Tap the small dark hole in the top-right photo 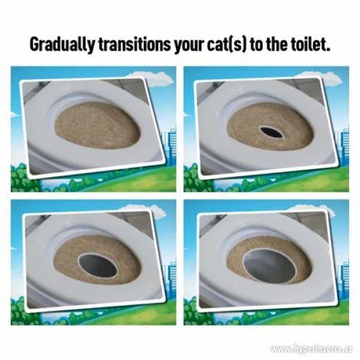271,132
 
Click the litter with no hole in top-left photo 97,127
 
